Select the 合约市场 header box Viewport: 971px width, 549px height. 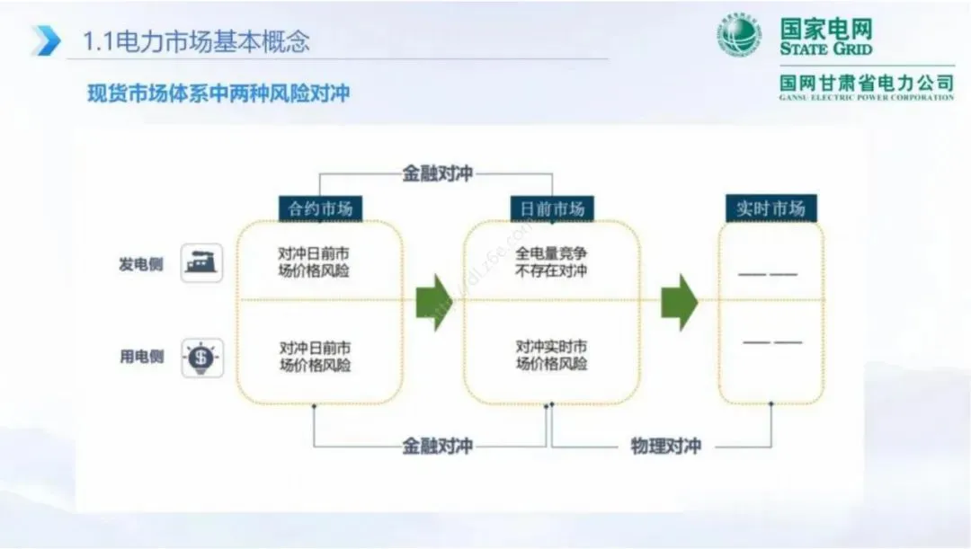320,208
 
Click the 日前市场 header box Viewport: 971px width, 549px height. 552,208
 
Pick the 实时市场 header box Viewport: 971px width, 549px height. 771,208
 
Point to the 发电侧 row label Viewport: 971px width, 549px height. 142,264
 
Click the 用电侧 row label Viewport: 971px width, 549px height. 142,357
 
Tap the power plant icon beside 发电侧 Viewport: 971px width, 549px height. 201,263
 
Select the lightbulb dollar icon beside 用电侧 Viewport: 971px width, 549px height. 201,358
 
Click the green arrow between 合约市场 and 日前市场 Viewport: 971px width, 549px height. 434,302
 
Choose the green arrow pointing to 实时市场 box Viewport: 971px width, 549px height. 680,302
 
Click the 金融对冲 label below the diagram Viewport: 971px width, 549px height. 437,446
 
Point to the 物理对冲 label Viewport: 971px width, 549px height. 665,446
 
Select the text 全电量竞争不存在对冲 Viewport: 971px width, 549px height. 552,262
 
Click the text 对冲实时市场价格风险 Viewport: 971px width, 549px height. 552,355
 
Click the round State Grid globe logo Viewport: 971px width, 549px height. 739,37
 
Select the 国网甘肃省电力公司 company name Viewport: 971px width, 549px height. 867,83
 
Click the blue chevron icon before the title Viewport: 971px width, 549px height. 46,40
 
